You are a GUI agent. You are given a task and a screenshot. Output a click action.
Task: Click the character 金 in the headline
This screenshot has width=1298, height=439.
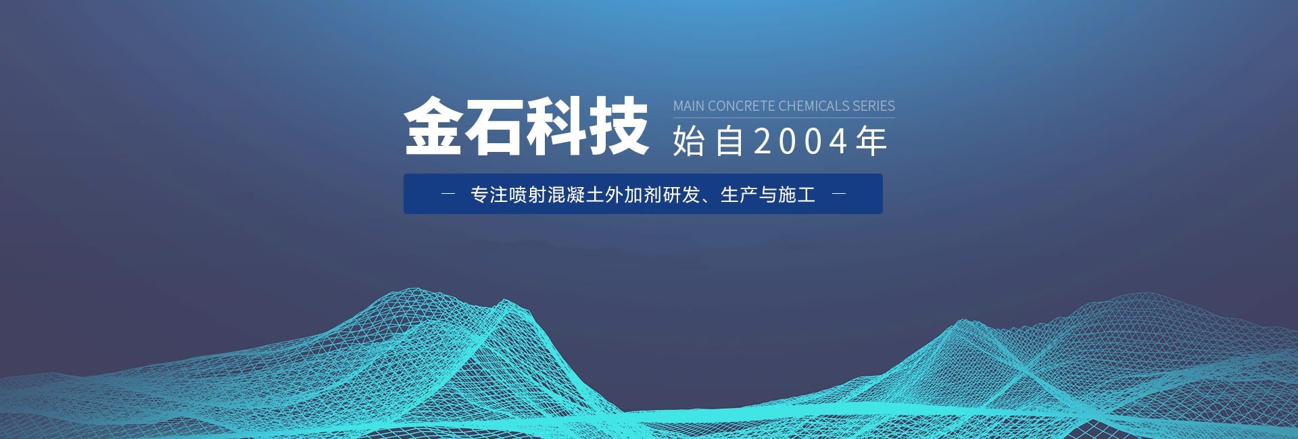[433, 126]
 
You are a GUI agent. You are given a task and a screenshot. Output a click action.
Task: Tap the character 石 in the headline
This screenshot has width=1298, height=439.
[495, 126]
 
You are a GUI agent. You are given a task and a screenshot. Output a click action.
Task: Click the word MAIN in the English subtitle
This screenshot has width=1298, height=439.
[689, 106]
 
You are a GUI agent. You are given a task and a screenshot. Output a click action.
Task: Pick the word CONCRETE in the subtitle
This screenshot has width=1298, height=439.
[742, 106]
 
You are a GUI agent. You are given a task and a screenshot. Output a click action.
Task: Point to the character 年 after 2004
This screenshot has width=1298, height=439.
[871, 141]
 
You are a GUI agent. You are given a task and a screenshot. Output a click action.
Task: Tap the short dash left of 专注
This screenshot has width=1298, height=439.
[448, 194]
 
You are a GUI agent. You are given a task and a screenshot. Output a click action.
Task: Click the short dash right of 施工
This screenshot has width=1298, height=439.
[839, 194]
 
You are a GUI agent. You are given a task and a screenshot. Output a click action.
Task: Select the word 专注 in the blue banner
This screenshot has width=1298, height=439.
[489, 195]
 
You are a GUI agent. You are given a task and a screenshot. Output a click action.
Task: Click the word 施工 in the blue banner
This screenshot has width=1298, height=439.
[797, 195]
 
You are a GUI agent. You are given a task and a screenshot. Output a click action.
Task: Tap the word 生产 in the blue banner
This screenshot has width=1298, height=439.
[739, 195]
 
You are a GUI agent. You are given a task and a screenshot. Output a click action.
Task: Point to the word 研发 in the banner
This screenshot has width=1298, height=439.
[681, 195]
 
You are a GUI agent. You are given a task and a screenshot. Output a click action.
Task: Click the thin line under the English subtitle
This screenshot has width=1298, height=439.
[784, 118]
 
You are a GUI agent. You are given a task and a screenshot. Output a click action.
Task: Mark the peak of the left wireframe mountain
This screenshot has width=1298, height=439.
[504, 300]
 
